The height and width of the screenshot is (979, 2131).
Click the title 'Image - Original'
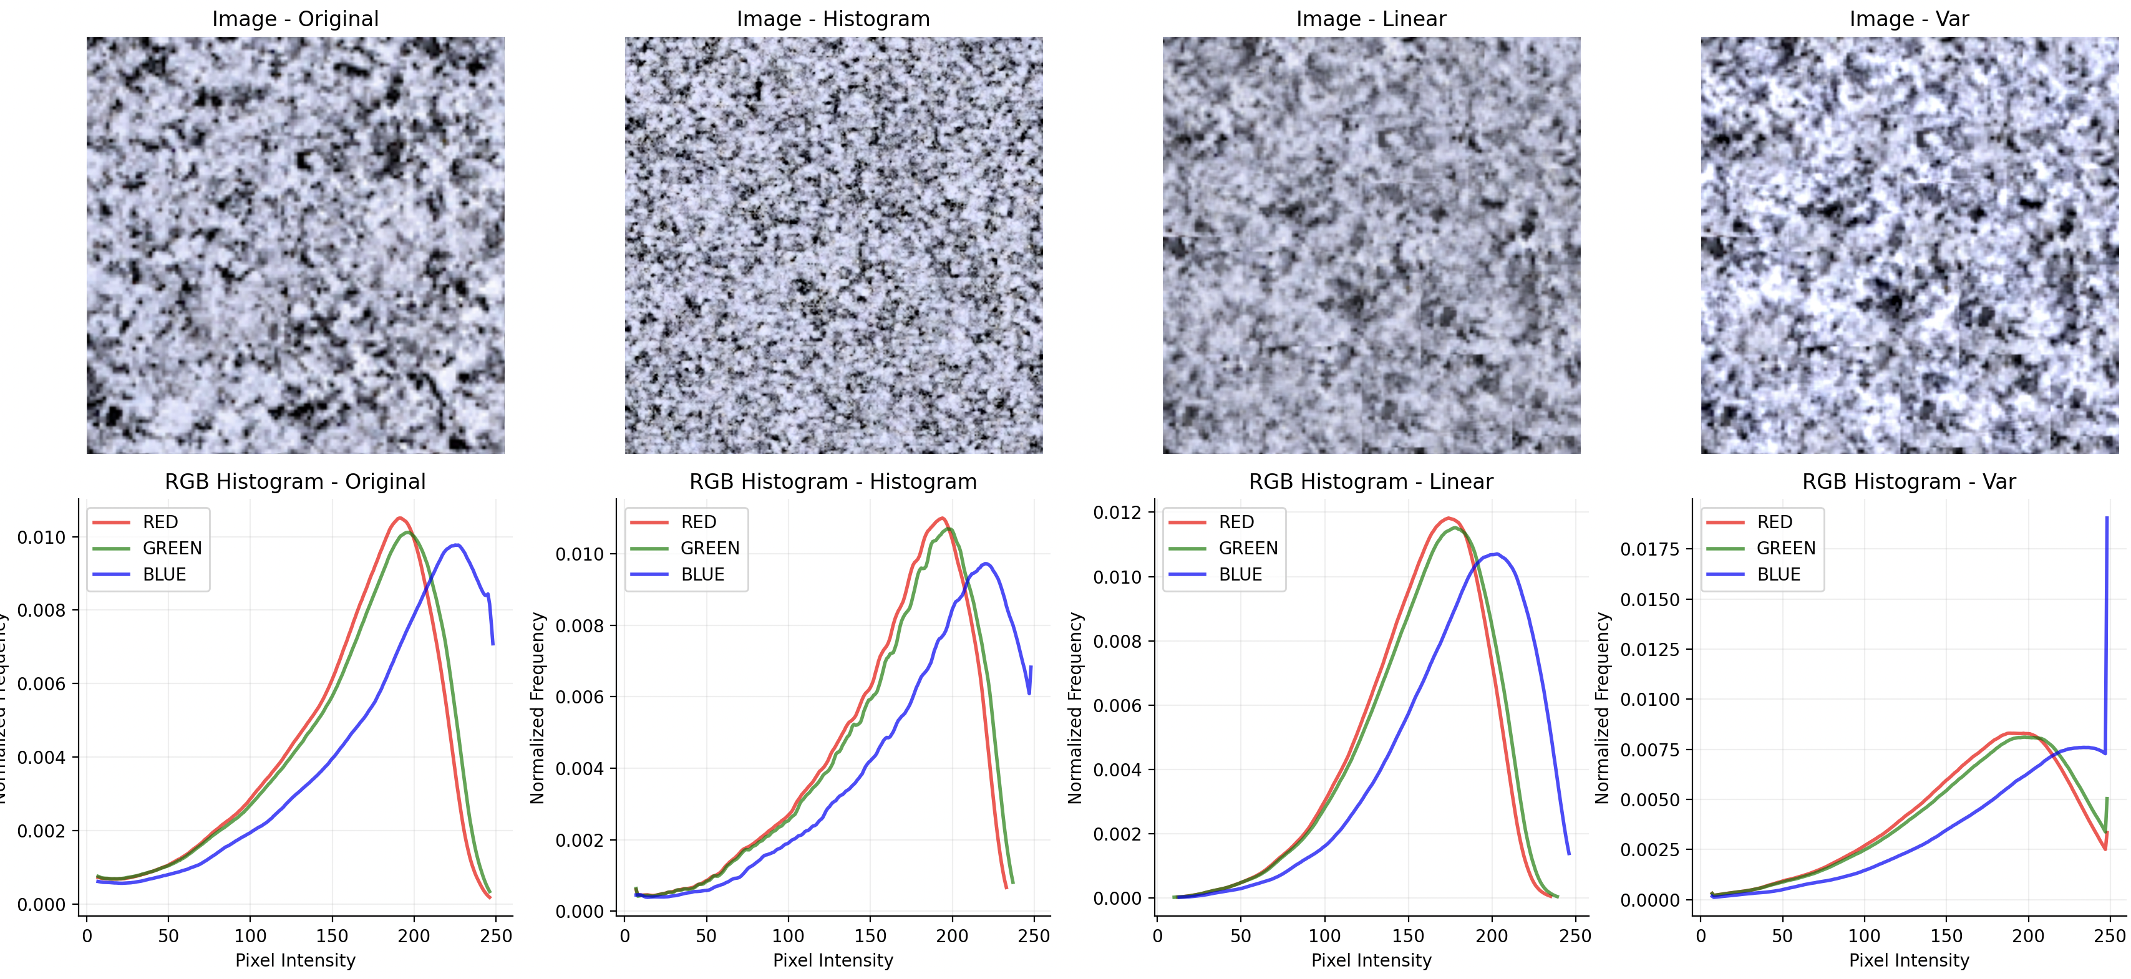[295, 19]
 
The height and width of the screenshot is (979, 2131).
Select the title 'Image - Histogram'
[833, 19]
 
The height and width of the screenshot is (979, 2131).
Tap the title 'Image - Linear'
[1371, 19]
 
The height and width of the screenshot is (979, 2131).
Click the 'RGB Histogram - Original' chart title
[295, 481]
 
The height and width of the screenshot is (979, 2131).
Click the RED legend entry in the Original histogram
[160, 522]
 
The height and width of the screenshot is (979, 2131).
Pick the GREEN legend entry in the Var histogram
[1785, 548]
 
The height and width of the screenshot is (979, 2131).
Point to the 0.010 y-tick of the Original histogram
[41, 538]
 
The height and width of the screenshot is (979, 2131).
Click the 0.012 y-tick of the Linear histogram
[1117, 513]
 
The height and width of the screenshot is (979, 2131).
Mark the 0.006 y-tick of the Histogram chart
[579, 697]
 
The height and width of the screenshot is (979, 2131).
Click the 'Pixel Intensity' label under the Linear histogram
[1371, 960]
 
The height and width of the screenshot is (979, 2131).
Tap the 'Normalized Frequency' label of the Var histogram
[1603, 708]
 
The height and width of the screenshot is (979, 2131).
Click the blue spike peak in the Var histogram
[2106, 518]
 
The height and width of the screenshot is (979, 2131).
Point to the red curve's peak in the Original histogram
[399, 518]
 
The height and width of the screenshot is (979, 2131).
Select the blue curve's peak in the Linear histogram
[1496, 554]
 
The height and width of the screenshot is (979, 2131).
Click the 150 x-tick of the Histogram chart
[870, 936]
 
